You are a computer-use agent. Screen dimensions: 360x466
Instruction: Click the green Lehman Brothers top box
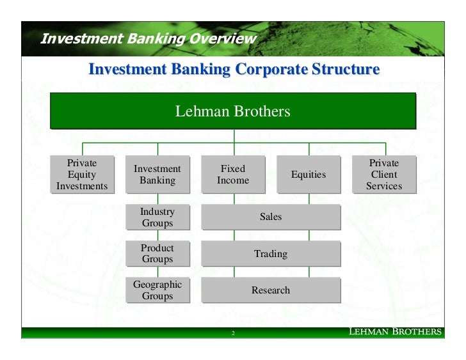pos(233,111)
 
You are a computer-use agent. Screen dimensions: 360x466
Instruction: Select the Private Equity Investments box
pos(82,174)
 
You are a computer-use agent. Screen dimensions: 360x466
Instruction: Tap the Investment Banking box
pos(157,174)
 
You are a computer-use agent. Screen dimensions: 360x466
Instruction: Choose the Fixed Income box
pos(233,174)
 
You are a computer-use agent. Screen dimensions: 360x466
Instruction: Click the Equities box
pos(309,174)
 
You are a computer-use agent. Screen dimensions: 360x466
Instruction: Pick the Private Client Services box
pos(384,174)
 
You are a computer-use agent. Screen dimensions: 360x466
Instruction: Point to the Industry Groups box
pos(157,217)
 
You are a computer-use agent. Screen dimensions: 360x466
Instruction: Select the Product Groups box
pos(157,253)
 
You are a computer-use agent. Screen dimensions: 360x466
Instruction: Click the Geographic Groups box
pos(157,290)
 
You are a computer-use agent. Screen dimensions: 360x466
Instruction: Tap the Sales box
pos(271,217)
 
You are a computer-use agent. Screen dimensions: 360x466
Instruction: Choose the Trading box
pos(271,254)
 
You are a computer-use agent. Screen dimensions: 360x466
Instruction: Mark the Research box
pos(271,290)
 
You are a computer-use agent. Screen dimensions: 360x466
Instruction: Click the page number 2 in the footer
pos(233,334)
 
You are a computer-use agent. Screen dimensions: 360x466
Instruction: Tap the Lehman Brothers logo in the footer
pos(394,332)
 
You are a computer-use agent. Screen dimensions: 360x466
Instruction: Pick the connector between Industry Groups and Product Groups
pos(157,235)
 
